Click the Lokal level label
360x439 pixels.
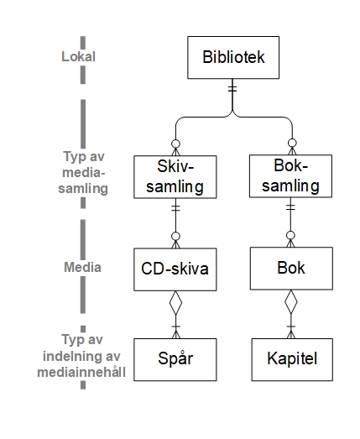pos(78,56)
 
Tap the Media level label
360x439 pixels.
pos(82,267)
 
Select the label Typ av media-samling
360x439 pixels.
pos(83,172)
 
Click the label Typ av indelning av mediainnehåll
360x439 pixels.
pos(81,356)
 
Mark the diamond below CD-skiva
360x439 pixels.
pos(175,303)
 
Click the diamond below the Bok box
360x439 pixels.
pos(291,302)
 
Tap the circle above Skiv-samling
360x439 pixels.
pos(175,144)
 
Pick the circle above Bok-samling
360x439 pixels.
pos(292,143)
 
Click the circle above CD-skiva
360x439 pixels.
pos(175,237)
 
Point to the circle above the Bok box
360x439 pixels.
pos(291,235)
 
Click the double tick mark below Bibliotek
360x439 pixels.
pos(232,88)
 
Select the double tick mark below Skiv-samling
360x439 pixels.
pos(175,208)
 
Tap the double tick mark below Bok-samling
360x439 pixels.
pos(291,207)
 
